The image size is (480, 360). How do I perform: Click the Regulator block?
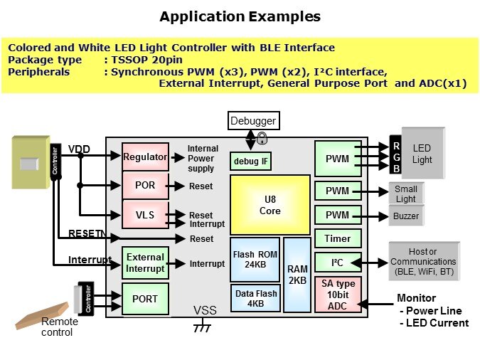tap(145, 157)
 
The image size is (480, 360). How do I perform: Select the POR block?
tap(145, 186)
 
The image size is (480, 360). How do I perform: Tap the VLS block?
tap(145, 215)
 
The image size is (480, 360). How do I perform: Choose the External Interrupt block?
tap(145, 263)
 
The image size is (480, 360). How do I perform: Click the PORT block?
tap(145, 298)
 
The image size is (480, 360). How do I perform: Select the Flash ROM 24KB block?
tap(255, 258)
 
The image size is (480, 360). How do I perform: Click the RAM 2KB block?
tap(297, 275)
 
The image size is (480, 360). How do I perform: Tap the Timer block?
tap(338, 239)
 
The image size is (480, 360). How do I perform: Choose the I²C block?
tap(338, 263)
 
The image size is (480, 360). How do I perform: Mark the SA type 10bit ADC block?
tap(338, 294)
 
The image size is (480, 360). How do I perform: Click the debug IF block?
tap(251, 162)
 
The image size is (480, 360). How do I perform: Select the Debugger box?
tap(253, 121)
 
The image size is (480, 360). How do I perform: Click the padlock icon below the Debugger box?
tap(262, 138)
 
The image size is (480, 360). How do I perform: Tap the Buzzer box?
tap(406, 216)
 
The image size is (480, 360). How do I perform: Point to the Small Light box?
tap(406, 194)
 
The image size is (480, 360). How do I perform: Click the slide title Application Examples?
tap(240, 16)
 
